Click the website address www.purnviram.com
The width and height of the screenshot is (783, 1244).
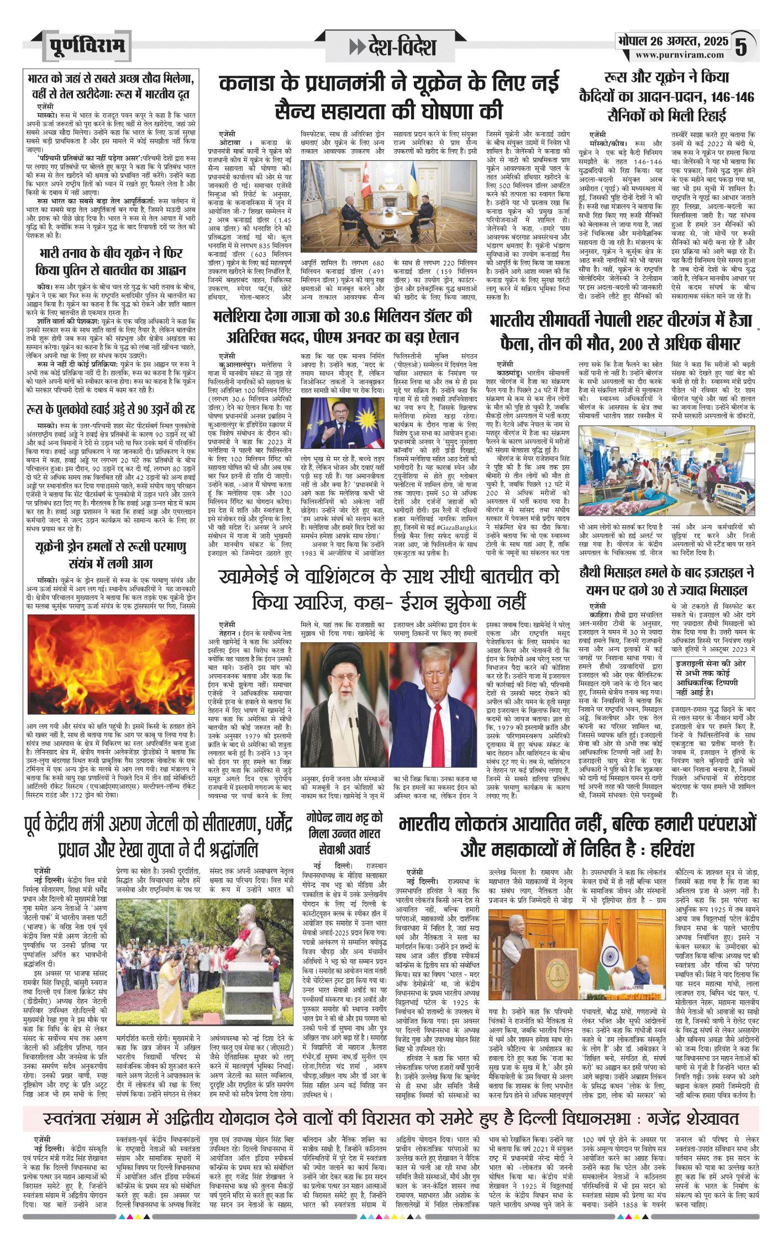679,55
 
